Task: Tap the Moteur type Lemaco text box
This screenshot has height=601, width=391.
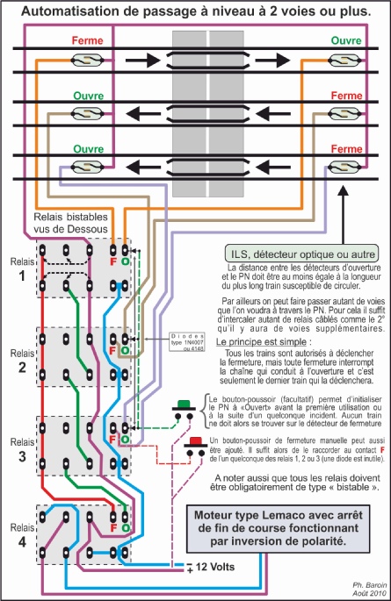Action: click(293, 523)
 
